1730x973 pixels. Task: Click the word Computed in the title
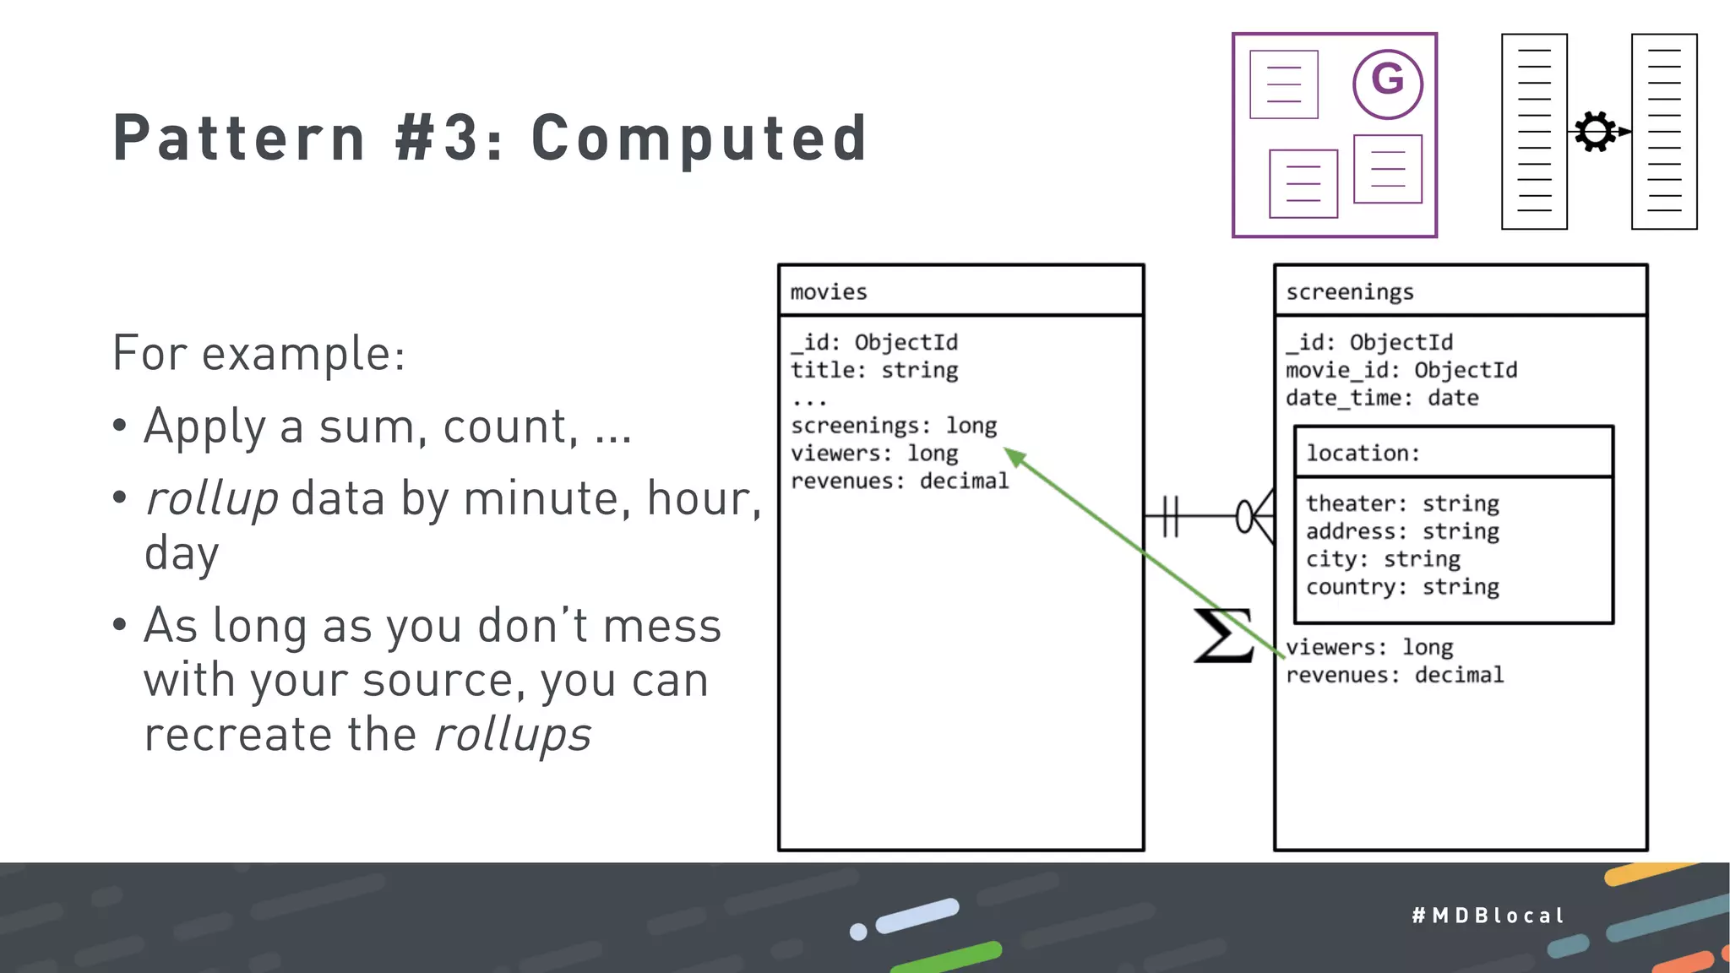[699, 138]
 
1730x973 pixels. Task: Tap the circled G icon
[1387, 83]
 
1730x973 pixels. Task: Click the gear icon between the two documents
[1595, 132]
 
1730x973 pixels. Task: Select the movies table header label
[829, 292]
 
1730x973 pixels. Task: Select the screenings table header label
[1349, 292]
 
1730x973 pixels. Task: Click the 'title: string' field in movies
[874, 371]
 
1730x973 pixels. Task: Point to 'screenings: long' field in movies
[894, 426]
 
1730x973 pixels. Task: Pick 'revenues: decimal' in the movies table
[900, 481]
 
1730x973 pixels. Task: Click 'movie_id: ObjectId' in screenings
[1401, 371]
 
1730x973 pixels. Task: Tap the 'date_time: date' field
[1382, 399]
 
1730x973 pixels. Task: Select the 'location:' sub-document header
[1363, 454]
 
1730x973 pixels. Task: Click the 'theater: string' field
[1402, 504]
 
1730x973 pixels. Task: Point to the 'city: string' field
[1383, 560]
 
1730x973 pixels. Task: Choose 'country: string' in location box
[1402, 588]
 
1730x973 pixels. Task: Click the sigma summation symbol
[1221, 635]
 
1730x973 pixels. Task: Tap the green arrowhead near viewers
[1015, 457]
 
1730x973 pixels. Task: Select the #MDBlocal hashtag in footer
[1488, 916]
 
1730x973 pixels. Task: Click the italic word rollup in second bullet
[211, 498]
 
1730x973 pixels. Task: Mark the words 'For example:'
[258, 353]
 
